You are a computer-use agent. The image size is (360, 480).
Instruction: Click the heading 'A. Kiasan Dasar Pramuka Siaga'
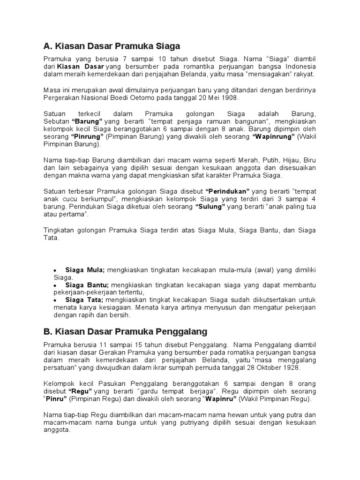(112, 46)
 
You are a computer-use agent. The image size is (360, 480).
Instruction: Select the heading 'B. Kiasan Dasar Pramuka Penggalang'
(125, 332)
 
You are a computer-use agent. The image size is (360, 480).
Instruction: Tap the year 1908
(229, 97)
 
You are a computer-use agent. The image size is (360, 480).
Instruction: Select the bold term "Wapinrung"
(273, 137)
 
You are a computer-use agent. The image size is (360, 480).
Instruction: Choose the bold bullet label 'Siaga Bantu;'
(87, 285)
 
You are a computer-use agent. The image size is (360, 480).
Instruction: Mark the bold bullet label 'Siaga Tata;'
(85, 300)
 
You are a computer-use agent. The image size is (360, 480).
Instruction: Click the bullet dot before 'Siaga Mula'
(55, 271)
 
